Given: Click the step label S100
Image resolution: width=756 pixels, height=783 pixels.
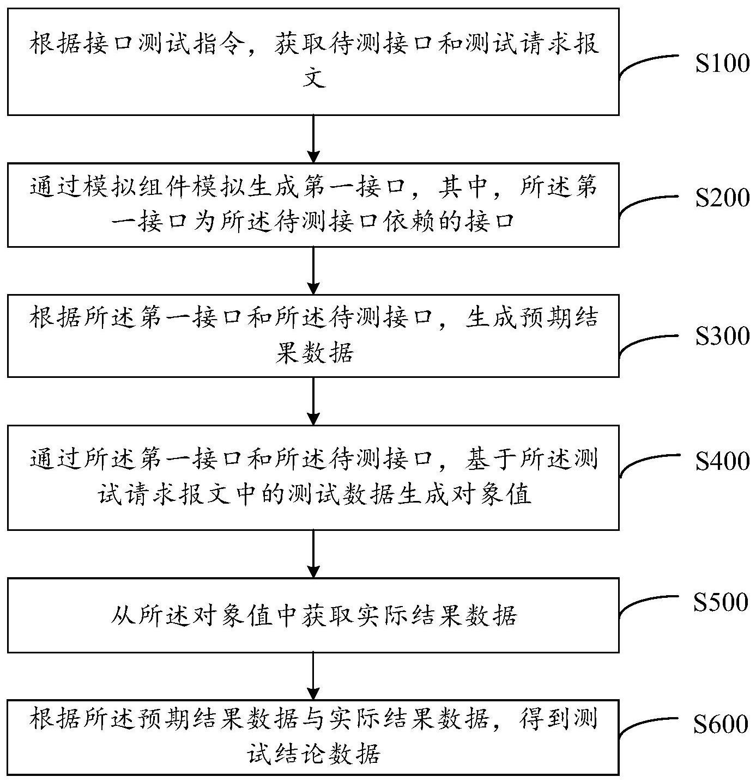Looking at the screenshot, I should [722, 64].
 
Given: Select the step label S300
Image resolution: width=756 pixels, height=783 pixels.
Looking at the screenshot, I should [722, 337].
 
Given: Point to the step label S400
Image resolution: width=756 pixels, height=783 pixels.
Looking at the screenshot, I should [722, 462].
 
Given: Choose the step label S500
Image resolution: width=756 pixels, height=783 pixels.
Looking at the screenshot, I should [721, 602].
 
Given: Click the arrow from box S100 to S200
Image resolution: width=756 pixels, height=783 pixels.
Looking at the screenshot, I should [313, 139].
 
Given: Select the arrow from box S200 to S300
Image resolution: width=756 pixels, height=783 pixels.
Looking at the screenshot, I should [313, 271].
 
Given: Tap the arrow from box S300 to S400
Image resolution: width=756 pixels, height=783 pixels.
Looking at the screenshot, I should [313, 401].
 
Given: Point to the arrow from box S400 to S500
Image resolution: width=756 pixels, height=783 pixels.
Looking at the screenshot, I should [313, 554].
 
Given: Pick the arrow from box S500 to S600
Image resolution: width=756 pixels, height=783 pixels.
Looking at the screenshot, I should [313, 676].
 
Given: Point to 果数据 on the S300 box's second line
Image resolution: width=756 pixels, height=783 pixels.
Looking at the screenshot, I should [314, 353].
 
